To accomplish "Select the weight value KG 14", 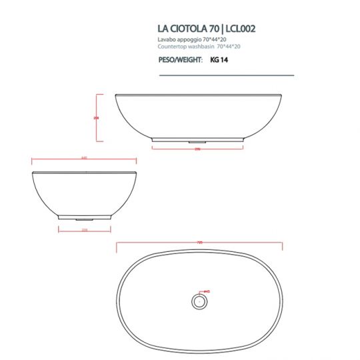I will (219, 59).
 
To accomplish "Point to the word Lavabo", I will (165, 40).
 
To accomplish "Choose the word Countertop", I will (170, 47).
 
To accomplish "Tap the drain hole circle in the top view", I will (198, 301).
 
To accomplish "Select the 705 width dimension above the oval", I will (199, 243).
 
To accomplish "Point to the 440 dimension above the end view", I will (84, 158).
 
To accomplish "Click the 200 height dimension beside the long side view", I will (96, 118).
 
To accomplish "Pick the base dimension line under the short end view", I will (84, 230).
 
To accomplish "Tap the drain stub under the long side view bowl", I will (197, 141).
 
